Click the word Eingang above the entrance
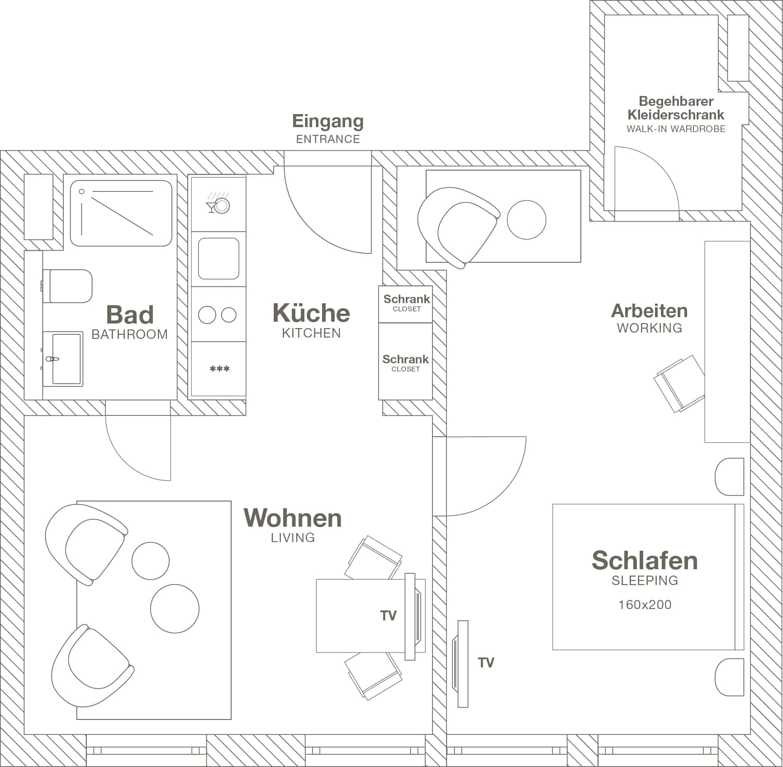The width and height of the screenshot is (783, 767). [327, 121]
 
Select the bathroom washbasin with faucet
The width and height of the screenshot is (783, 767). [64, 359]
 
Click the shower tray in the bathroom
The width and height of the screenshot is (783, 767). [121, 213]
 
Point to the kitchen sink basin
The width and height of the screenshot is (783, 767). [218, 258]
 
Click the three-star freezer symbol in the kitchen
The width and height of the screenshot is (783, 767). [219, 369]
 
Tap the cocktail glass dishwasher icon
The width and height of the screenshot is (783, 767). [218, 205]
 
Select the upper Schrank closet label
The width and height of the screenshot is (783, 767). [406, 299]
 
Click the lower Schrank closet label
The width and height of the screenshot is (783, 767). [405, 359]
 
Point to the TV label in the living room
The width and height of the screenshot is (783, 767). [388, 615]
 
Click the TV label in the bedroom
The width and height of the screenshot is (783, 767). [486, 663]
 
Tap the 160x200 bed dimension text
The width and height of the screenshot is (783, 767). [645, 605]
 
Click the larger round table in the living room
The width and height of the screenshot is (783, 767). [175, 609]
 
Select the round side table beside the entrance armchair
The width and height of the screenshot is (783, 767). [526, 219]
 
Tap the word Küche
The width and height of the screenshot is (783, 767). [311, 313]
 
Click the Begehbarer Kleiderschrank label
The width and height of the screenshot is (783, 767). [676, 108]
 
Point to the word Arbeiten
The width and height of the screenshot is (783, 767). [649, 311]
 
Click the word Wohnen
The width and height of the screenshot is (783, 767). [293, 518]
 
